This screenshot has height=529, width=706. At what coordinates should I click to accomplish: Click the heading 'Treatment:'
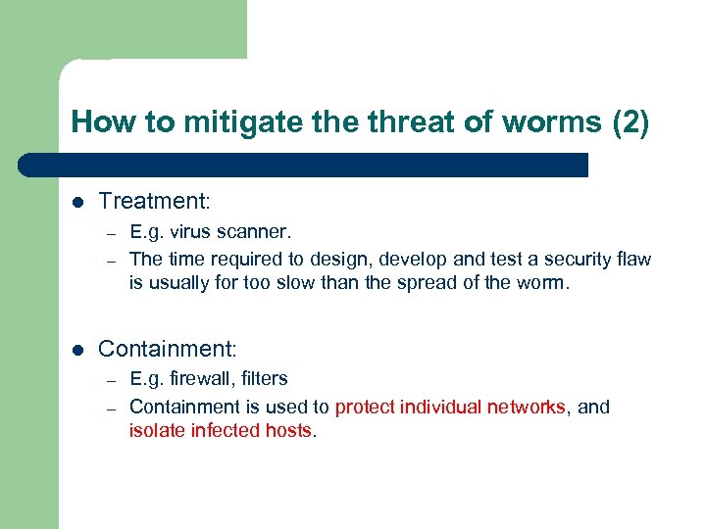(x=155, y=201)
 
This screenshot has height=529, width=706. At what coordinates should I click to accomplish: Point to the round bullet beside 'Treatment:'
(x=77, y=202)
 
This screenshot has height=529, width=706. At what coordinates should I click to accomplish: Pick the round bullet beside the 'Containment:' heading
(x=77, y=350)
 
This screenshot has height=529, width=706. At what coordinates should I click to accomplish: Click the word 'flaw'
(x=632, y=260)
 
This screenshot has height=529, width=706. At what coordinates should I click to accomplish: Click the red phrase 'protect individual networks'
(x=450, y=407)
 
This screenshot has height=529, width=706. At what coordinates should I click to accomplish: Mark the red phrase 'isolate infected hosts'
(x=220, y=431)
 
